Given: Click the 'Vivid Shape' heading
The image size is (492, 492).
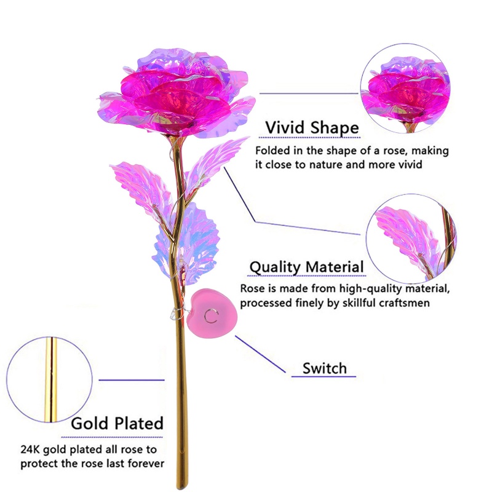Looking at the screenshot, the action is click(312, 128).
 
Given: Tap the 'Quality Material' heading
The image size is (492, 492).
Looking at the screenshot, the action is click(306, 268).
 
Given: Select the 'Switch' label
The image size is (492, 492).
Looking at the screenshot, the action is click(325, 368).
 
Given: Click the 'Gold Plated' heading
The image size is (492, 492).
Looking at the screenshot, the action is click(117, 423).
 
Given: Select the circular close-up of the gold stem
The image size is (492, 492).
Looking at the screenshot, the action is click(49, 379).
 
